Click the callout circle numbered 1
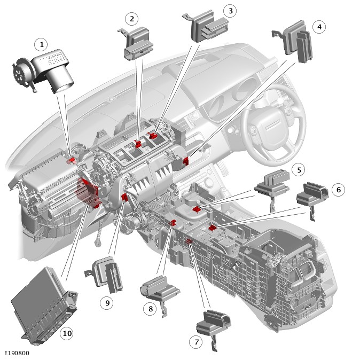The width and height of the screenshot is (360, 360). point(41,44)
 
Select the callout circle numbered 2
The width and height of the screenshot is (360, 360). point(131,19)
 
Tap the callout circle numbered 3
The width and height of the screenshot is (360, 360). point(230,10)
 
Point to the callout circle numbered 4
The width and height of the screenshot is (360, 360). point(319,26)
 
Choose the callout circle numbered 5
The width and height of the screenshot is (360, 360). point(299,170)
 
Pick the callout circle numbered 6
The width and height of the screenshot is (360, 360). point(338,189)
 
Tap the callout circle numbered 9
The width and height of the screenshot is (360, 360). point(107,302)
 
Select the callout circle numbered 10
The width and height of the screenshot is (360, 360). point(66,334)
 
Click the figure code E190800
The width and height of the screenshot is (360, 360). point(17,353)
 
